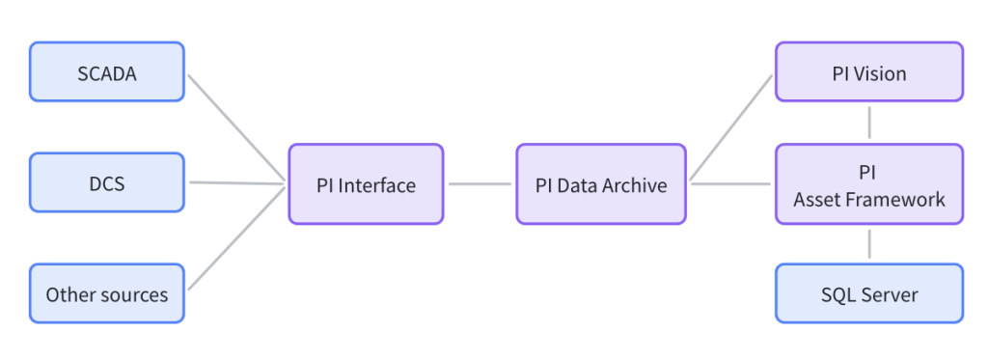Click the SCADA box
(x=106, y=71)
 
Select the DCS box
(x=106, y=182)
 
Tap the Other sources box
(x=106, y=293)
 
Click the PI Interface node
(x=366, y=184)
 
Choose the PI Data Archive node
(x=601, y=184)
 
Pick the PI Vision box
(x=869, y=72)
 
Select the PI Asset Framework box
(x=869, y=184)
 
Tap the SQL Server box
(x=869, y=293)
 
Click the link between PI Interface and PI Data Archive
(x=480, y=183)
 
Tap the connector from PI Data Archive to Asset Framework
(x=731, y=183)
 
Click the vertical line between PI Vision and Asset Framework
(x=870, y=123)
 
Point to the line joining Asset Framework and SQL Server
(x=870, y=243)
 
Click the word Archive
(x=635, y=184)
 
